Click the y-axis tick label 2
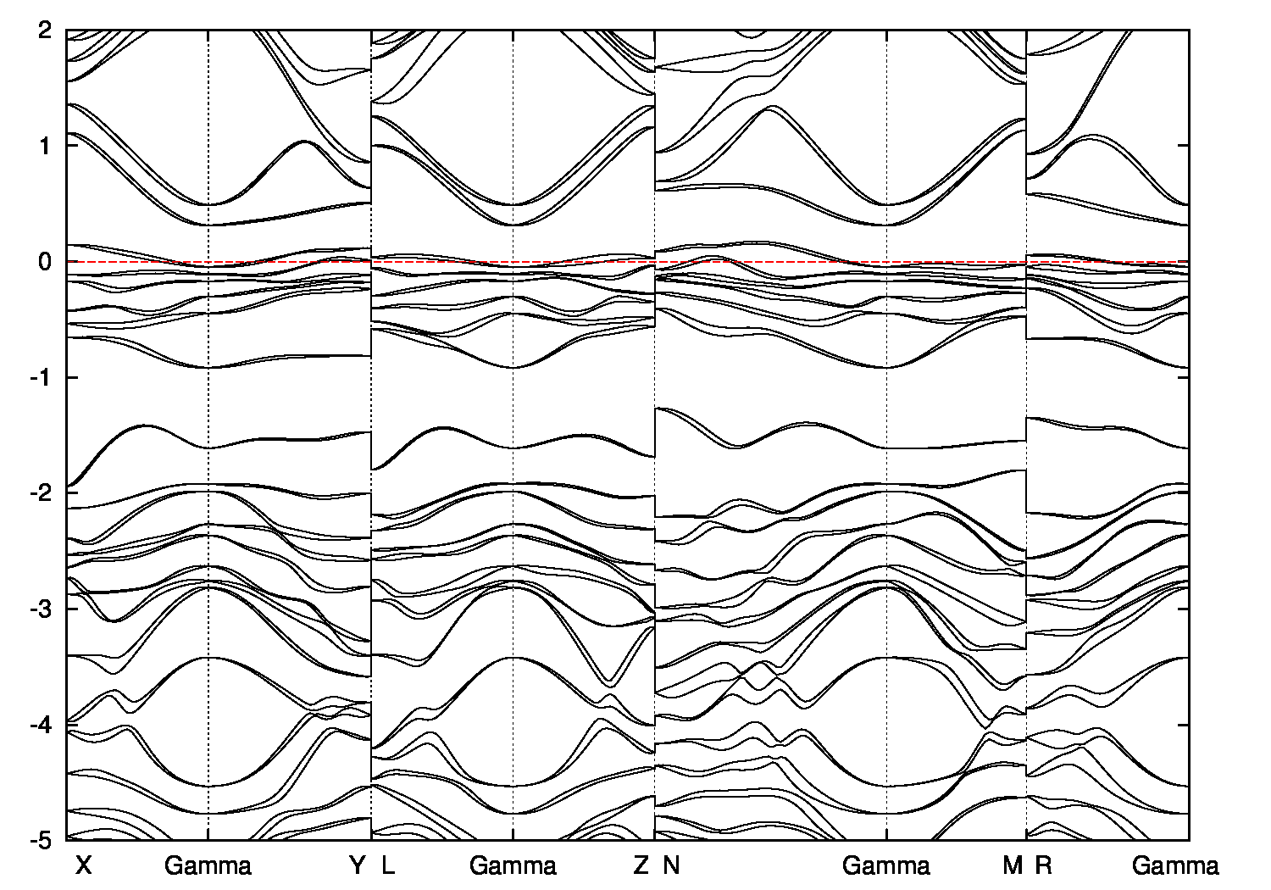(x=47, y=31)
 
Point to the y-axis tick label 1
(x=47, y=146)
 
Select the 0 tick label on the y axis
(x=47, y=262)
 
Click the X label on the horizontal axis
(x=83, y=865)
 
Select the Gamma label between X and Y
(x=208, y=865)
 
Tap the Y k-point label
(x=358, y=865)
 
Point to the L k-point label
(x=387, y=865)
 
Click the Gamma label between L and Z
(x=513, y=865)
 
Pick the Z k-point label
(x=641, y=865)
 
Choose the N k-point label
(x=671, y=865)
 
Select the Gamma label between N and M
(x=886, y=865)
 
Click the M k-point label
(x=1012, y=865)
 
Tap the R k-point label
(x=1043, y=865)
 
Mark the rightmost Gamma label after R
(x=1175, y=865)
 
